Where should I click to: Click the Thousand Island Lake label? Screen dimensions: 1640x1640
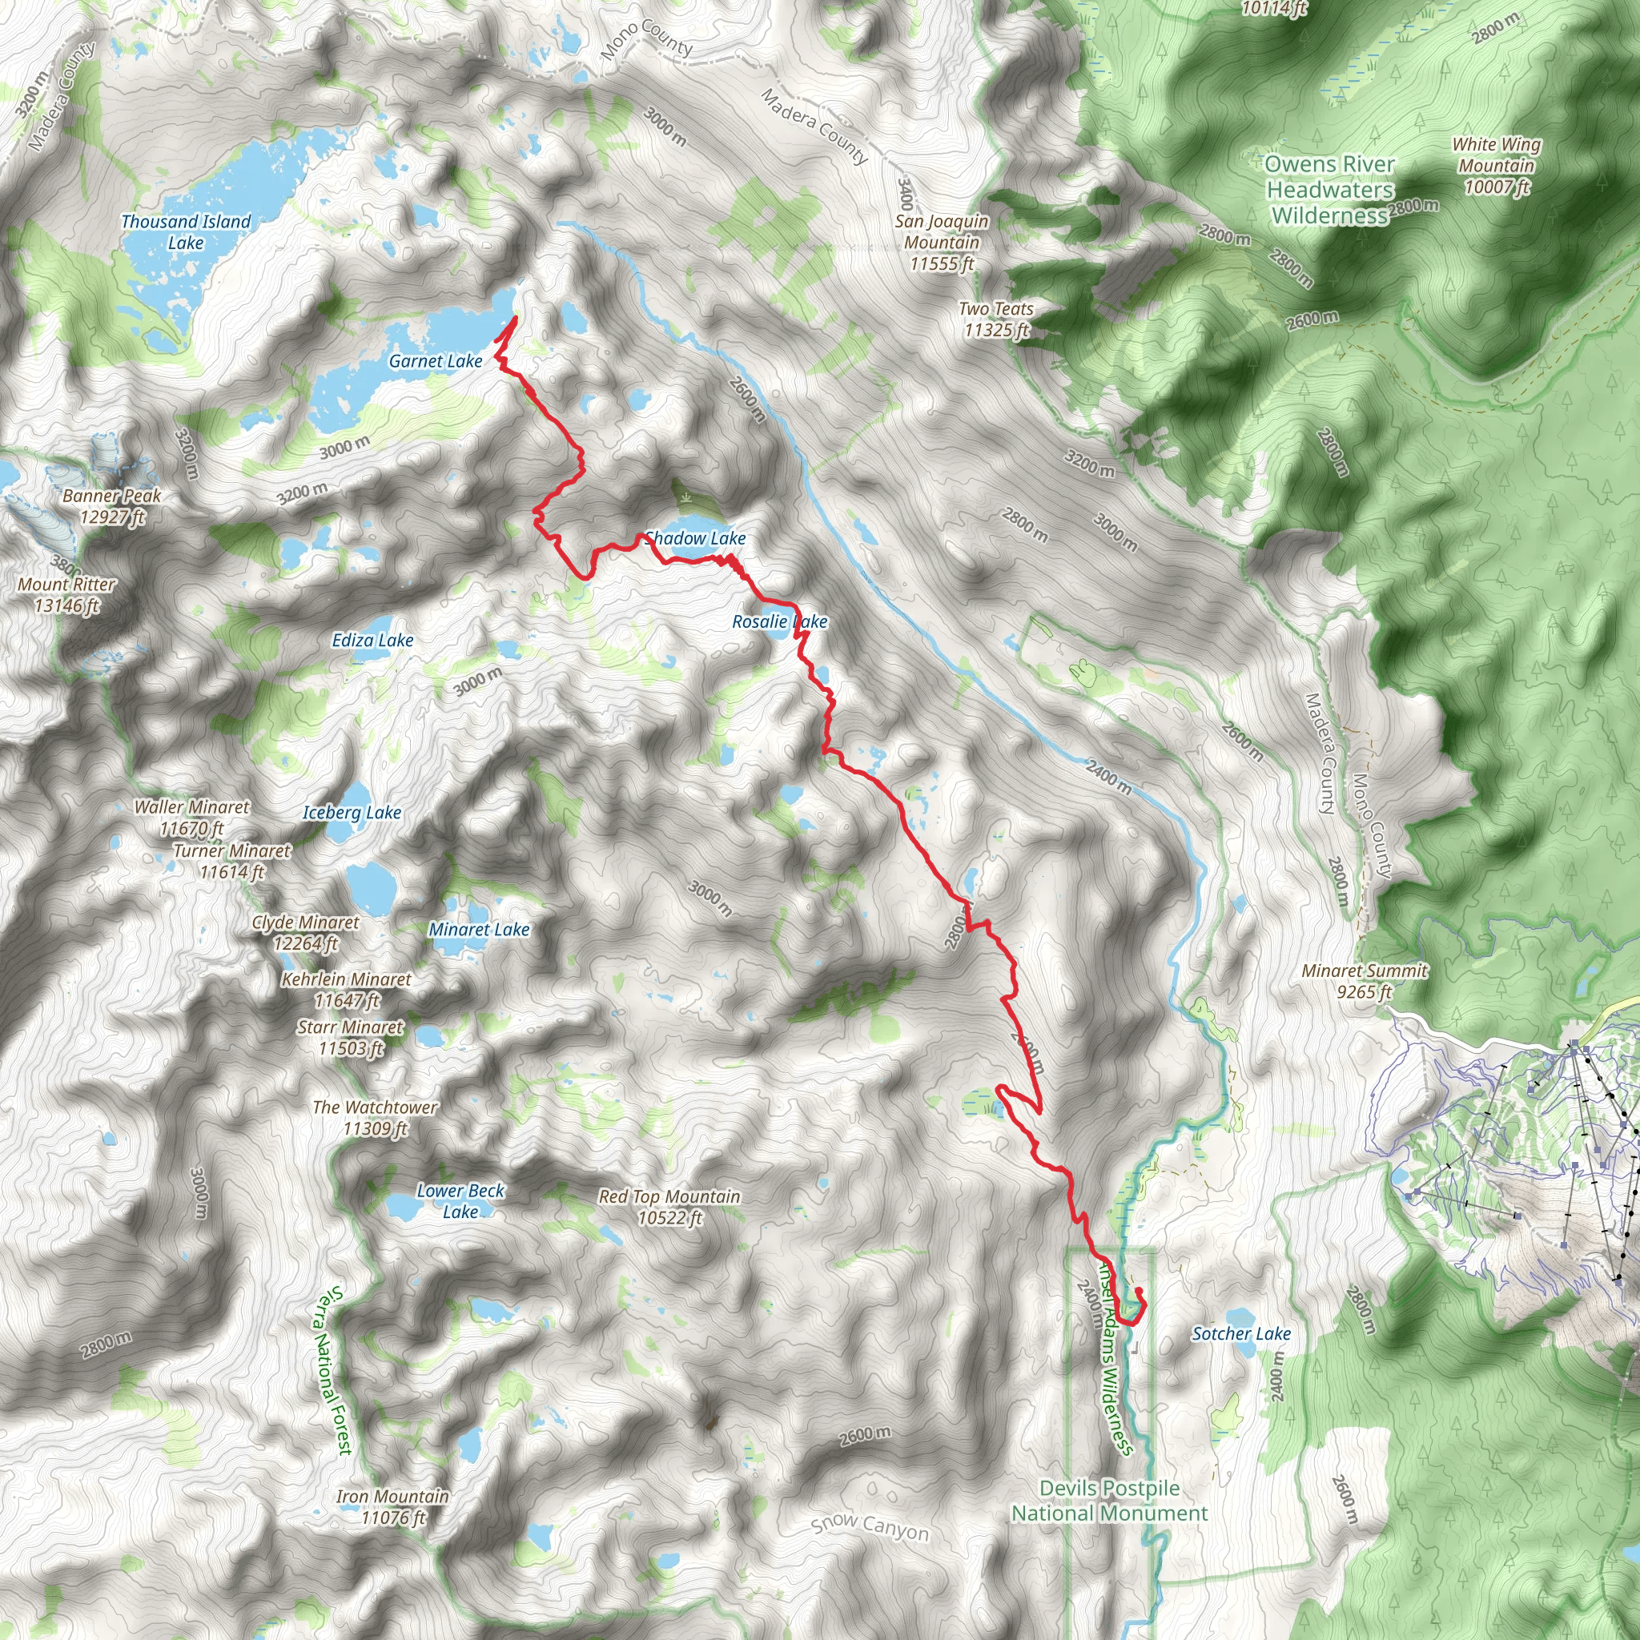186,231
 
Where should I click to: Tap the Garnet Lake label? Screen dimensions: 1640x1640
436,361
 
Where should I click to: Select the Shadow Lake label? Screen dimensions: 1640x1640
695,538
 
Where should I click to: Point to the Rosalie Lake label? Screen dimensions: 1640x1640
779,621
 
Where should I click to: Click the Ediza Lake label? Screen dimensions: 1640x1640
372,640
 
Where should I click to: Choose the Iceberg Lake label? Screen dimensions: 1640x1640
352,812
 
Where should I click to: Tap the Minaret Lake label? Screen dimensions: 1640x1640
479,930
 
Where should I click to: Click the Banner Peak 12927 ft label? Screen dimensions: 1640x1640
112,506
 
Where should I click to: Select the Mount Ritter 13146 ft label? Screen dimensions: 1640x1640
67,594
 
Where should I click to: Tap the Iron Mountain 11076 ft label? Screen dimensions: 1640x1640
393,1507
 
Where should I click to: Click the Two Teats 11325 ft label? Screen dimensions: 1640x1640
996,320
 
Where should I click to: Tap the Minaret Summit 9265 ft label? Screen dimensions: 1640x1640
1365,980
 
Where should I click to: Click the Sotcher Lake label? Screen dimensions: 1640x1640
1241,1333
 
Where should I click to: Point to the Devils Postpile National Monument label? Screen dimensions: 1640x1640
1109,1500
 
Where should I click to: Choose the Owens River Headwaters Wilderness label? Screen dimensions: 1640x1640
1329,190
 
